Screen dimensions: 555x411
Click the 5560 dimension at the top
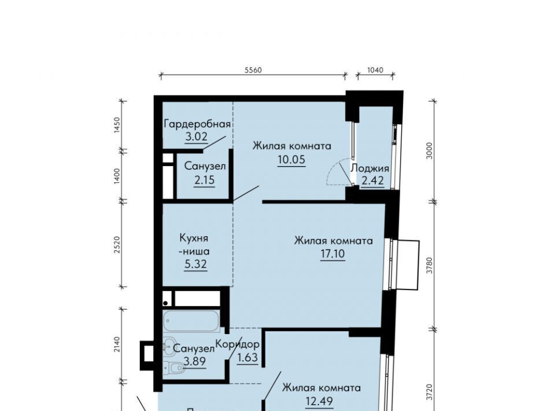253,70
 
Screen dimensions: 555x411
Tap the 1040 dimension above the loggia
375,70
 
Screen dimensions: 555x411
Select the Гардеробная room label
197,124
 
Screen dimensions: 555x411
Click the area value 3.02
196,137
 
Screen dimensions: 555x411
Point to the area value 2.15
204,181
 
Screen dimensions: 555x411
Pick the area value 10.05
291,160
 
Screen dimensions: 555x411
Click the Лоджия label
370,168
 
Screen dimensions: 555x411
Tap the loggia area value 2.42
373,181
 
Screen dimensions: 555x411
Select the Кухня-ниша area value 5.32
195,265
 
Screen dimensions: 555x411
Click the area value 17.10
333,254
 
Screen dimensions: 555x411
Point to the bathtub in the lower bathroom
191,321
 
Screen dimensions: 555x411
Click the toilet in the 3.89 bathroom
173,368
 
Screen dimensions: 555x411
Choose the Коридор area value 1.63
247,358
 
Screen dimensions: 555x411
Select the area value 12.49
319,401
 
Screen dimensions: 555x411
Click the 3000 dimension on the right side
430,151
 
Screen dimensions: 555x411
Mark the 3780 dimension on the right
430,265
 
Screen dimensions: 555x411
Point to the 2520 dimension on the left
117,244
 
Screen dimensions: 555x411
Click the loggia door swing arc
333,172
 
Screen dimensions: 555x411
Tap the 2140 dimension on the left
117,344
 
